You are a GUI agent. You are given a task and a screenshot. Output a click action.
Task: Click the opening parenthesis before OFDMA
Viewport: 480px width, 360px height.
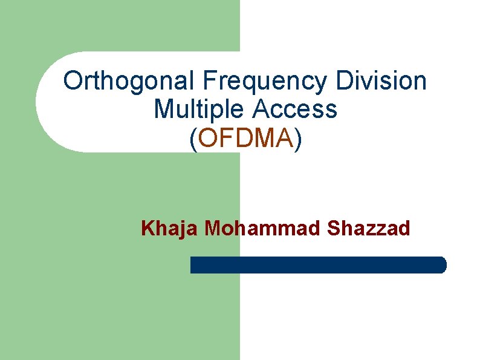point(193,139)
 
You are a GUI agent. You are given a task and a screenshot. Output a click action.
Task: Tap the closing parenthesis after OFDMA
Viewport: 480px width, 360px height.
point(297,139)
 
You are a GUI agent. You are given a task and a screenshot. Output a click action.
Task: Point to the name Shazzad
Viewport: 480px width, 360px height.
point(368,228)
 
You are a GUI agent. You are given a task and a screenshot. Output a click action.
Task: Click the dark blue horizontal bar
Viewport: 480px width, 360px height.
point(318,265)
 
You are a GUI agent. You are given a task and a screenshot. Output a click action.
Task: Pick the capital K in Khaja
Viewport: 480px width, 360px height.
point(147,228)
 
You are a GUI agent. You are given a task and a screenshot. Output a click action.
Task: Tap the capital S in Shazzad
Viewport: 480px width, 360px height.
point(332,228)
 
